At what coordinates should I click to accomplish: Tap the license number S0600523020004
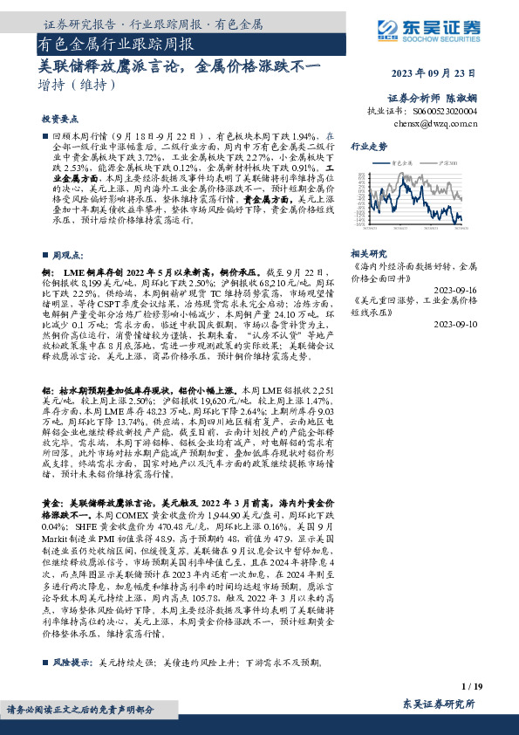click(x=447, y=112)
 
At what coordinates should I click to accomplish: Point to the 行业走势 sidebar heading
click(x=369, y=147)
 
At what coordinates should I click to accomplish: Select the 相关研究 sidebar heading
click(x=369, y=251)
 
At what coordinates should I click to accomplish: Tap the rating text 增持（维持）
click(x=77, y=86)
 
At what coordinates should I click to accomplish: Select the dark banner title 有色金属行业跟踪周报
click(x=116, y=42)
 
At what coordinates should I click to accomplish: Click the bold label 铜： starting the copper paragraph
click(x=48, y=274)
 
